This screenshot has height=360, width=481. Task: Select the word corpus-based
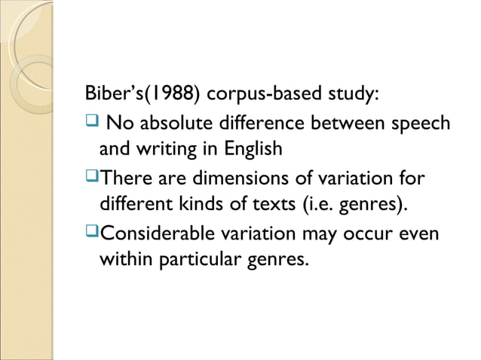tap(262, 96)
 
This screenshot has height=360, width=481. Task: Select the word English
tap(252, 149)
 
